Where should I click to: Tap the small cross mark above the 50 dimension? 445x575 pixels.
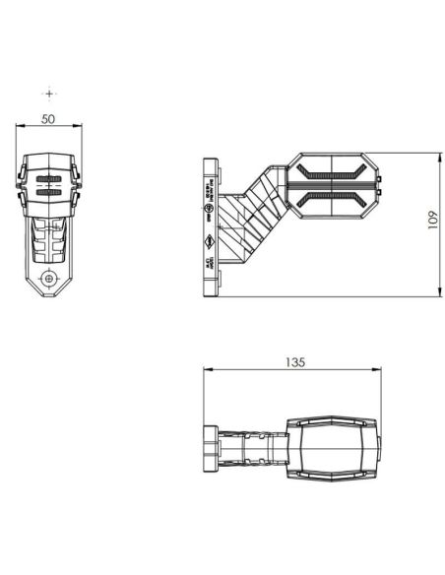(x=50, y=93)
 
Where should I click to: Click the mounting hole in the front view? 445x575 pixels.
(x=46, y=279)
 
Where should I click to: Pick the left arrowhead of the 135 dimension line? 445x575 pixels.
(x=206, y=370)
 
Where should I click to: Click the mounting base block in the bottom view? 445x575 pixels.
(x=211, y=448)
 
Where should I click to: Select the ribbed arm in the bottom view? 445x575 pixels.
(x=250, y=448)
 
